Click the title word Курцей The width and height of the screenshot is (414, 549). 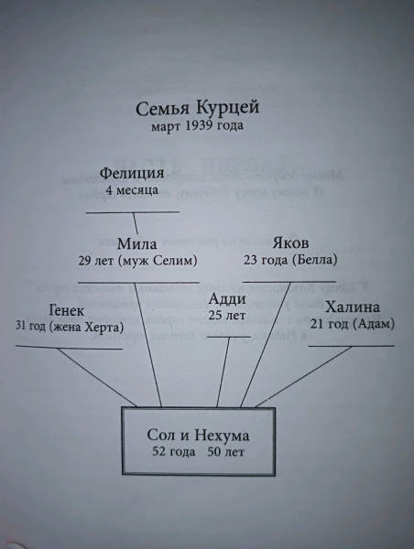[227, 107]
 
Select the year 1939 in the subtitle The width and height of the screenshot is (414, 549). [198, 125]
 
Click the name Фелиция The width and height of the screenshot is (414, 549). [132, 173]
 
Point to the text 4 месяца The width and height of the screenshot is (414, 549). [132, 190]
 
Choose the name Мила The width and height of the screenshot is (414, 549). [136, 243]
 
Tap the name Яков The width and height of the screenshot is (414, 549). [290, 242]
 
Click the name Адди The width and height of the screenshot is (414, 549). [227, 300]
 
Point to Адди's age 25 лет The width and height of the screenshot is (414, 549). [227, 316]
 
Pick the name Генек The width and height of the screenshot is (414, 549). [67, 310]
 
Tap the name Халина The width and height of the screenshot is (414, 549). [353, 307]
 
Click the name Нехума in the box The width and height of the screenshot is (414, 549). [222, 436]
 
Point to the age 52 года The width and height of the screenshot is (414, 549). [173, 452]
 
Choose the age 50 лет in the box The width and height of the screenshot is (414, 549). [225, 452]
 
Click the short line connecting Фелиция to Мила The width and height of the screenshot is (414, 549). [136, 223]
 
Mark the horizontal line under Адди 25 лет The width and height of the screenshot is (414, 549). [229, 337]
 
